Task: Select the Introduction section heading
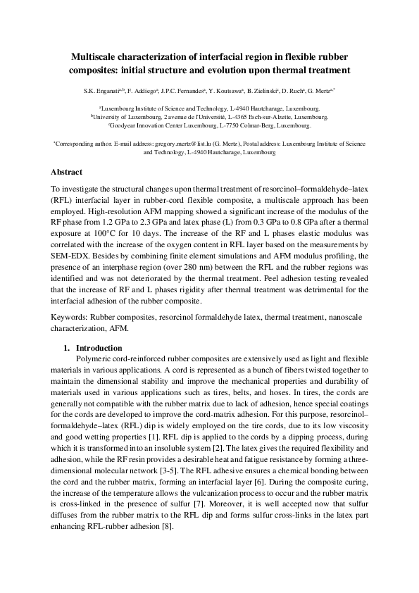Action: [x=99, y=348]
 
